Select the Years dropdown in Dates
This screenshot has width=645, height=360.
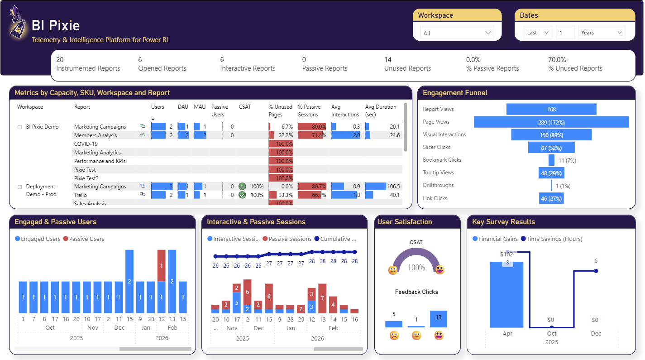[x=601, y=33]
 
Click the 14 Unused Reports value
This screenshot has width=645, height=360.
[x=388, y=60]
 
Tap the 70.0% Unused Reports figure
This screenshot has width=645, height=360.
[x=557, y=60]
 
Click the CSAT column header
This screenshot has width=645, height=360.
[x=244, y=107]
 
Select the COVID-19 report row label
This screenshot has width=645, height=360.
[x=86, y=144]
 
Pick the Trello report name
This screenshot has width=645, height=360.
[x=81, y=195]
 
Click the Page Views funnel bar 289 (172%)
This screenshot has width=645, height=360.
[x=551, y=122]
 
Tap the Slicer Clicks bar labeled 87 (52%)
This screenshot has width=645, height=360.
[x=551, y=148]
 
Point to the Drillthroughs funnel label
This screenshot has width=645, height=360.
[x=438, y=185]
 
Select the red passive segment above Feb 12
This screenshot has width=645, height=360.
[x=162, y=265]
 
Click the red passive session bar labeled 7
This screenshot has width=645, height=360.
[x=322, y=298]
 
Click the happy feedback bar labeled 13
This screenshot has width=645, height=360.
[x=439, y=319]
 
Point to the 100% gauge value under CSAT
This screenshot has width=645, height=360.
[x=416, y=268]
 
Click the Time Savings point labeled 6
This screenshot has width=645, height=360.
[x=596, y=271]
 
